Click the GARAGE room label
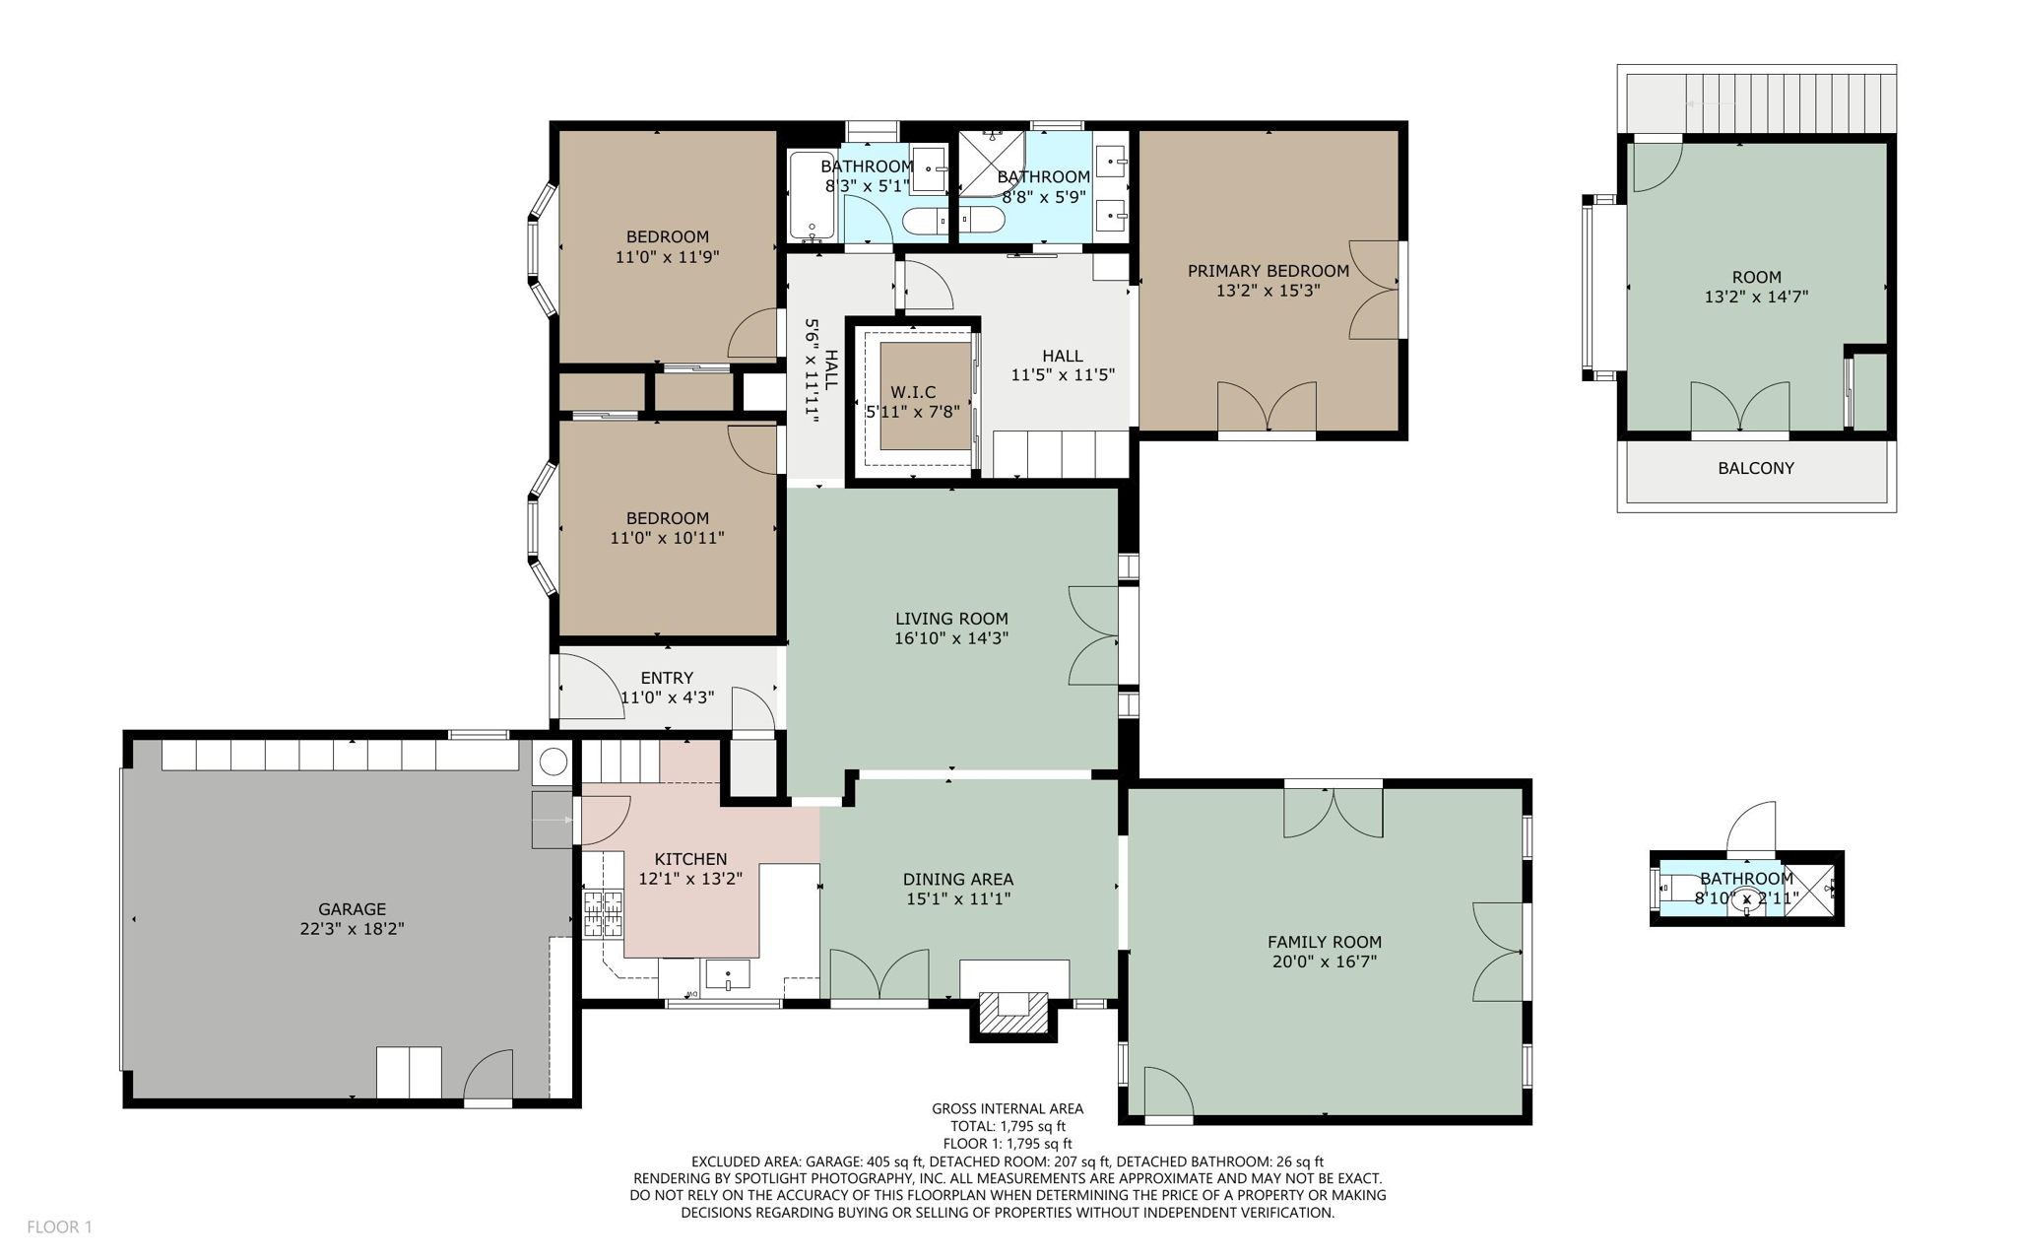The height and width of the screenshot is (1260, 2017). pyautogui.click(x=352, y=909)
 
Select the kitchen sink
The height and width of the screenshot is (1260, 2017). pyautogui.click(x=727, y=974)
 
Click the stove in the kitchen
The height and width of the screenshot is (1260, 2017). pyautogui.click(x=603, y=912)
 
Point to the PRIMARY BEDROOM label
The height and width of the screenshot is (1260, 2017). pyautogui.click(x=1268, y=271)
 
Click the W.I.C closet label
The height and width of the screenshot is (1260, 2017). pyautogui.click(x=913, y=392)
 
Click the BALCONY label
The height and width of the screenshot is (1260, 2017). pyautogui.click(x=1755, y=468)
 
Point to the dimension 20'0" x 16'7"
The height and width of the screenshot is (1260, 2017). pyautogui.click(x=1324, y=962)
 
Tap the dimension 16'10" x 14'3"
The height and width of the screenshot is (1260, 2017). pyautogui.click(x=950, y=637)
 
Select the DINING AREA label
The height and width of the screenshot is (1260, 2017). pyautogui.click(x=957, y=879)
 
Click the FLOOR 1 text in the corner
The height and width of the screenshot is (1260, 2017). pyautogui.click(x=59, y=1227)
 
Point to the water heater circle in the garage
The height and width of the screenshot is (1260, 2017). pyautogui.click(x=553, y=762)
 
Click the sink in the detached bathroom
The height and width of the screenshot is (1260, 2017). pyautogui.click(x=1746, y=898)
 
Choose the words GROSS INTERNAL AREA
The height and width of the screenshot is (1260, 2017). pyautogui.click(x=1007, y=1108)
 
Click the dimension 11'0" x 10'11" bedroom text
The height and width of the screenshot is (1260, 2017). pyautogui.click(x=667, y=538)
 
